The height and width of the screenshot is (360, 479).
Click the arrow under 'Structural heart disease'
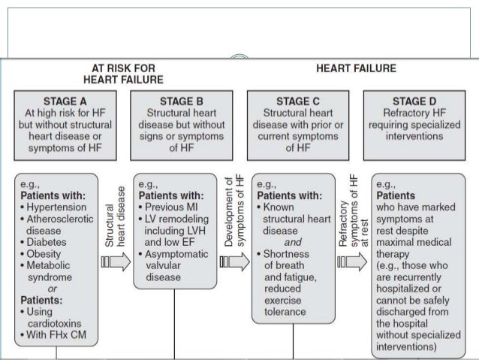point(115,262)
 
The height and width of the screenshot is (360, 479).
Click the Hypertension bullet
point(56,206)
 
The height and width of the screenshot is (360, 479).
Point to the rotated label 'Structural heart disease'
point(115,222)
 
